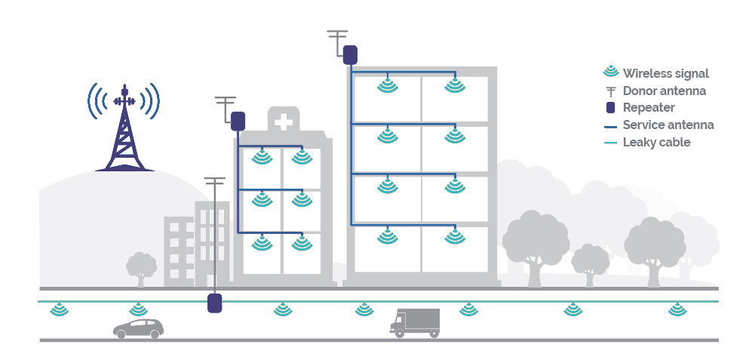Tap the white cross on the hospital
(x=283, y=122)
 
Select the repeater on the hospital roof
(x=238, y=121)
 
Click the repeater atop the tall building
(x=350, y=55)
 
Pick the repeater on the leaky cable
(x=215, y=303)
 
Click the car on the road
(x=138, y=328)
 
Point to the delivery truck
(x=415, y=322)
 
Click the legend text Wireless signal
(x=666, y=73)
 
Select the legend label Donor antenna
(x=665, y=91)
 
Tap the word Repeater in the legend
(x=649, y=108)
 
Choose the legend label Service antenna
(x=668, y=125)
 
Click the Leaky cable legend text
(x=657, y=142)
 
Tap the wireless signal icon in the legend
(x=611, y=73)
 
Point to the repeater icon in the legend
(x=611, y=108)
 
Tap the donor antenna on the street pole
(x=215, y=182)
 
